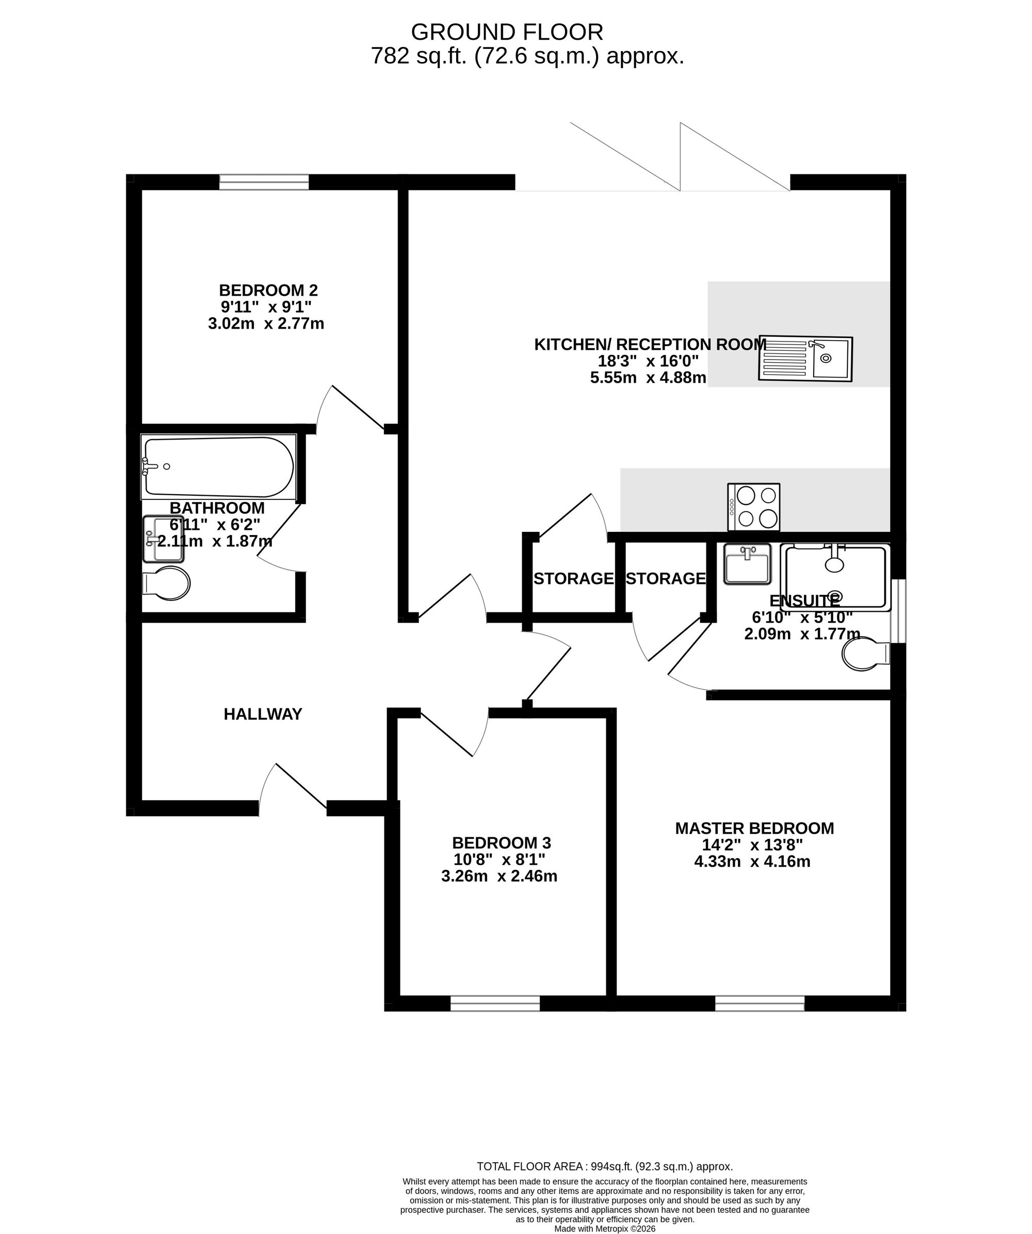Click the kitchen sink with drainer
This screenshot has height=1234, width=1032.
pyautogui.click(x=805, y=359)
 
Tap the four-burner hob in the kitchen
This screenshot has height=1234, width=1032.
pyautogui.click(x=754, y=507)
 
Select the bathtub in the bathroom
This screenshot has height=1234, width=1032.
pyautogui.click(x=218, y=466)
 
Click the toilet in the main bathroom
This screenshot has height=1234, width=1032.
pyautogui.click(x=166, y=583)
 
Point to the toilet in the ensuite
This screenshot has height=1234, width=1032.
pyautogui.click(x=866, y=655)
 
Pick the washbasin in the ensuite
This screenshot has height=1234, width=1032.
pyautogui.click(x=747, y=563)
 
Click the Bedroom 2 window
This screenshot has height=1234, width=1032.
pyautogui.click(x=264, y=182)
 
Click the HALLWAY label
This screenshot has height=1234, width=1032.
pyautogui.click(x=263, y=714)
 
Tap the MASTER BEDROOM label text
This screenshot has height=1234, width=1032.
pyautogui.click(x=754, y=828)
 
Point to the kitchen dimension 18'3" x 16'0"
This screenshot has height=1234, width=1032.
pyautogui.click(x=648, y=361)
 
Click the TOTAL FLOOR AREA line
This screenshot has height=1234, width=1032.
pyautogui.click(x=605, y=1166)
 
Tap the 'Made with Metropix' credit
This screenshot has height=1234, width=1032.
pyautogui.click(x=605, y=1229)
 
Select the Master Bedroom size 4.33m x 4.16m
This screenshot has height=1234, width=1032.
pyautogui.click(x=752, y=862)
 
